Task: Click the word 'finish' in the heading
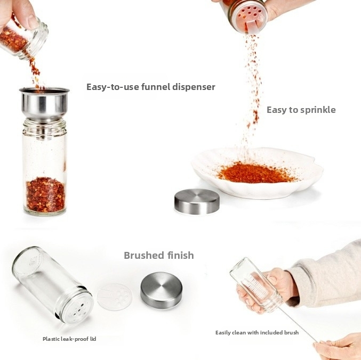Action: point(180,255)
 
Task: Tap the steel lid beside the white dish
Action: point(197,202)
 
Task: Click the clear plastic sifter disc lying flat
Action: point(115,297)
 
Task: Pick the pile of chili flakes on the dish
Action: point(255,173)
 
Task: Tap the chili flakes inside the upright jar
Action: point(45,194)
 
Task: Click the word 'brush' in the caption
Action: point(291,332)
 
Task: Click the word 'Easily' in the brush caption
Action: point(223,333)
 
